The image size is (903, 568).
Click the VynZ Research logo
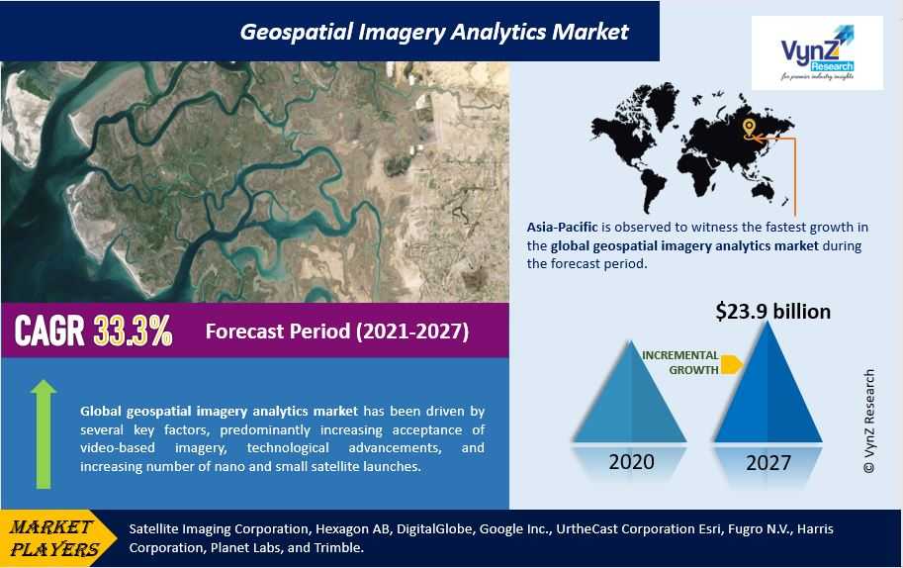(817, 53)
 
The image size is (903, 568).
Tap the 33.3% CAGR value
(134, 331)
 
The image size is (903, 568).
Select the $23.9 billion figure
(772, 312)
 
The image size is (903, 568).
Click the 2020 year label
(631, 461)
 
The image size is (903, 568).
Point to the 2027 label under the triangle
(768, 462)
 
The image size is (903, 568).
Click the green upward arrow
(44, 434)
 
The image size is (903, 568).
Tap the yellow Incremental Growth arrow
(731, 365)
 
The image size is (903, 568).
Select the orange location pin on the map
(748, 128)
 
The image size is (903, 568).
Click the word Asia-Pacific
(562, 227)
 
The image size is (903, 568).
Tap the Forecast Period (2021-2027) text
(337, 331)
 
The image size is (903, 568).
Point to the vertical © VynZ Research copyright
(869, 422)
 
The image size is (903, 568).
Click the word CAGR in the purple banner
(49, 331)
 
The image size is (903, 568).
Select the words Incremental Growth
(680, 362)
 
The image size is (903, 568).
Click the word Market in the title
(590, 31)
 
